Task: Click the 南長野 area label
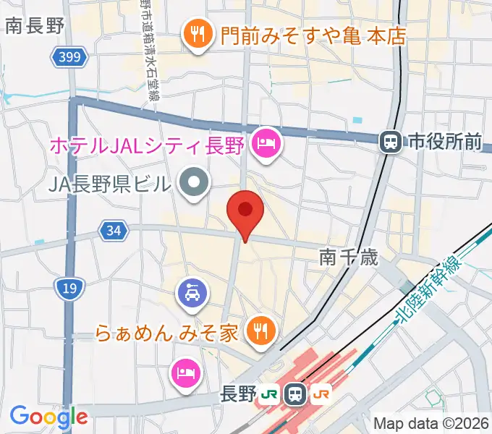point(35,27)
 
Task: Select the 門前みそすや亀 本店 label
point(313,35)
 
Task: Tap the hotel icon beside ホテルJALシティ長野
point(266,143)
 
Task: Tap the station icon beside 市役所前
point(391,142)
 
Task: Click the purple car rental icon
point(192,293)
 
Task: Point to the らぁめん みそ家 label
point(167,334)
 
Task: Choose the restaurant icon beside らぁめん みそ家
point(259,331)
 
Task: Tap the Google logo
point(48,417)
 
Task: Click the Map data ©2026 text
point(431,423)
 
